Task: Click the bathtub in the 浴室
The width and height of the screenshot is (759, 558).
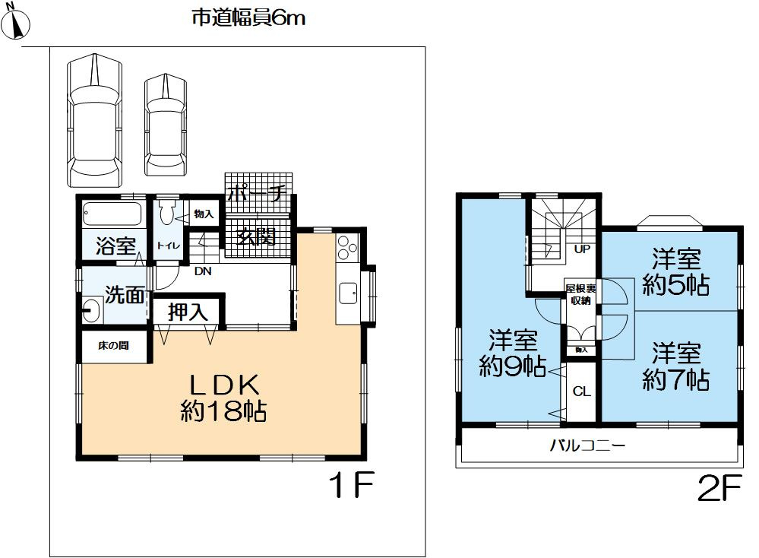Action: (x=112, y=214)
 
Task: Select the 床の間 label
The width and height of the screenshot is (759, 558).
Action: (x=113, y=346)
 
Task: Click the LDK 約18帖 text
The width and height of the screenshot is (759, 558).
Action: (x=221, y=397)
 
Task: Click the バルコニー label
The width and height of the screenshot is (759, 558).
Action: (x=588, y=445)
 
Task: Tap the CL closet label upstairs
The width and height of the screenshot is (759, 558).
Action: (x=581, y=392)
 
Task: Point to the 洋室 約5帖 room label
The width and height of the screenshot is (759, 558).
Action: (x=675, y=272)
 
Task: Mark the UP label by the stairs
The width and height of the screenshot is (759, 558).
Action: (x=583, y=249)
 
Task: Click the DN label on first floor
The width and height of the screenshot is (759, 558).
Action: (x=203, y=270)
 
